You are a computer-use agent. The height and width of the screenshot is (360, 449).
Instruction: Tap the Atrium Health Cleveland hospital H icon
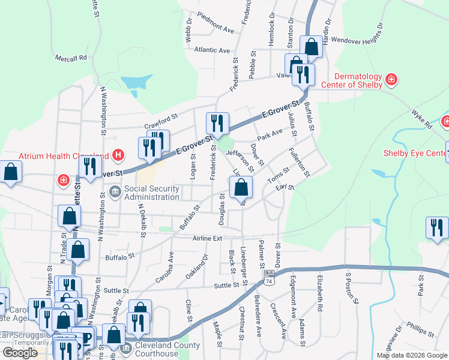pyautogui.click(x=118, y=155)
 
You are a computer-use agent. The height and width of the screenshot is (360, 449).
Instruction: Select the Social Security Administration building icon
pyautogui.click(x=115, y=193)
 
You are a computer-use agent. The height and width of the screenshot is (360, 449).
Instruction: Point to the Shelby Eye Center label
pyautogui.click(x=415, y=152)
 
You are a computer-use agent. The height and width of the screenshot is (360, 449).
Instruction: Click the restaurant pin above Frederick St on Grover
pyautogui.click(x=217, y=123)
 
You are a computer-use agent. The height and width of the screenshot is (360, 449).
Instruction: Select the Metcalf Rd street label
pyautogui.click(x=71, y=58)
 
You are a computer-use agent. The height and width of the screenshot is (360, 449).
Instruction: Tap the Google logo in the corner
pyautogui.click(x=20, y=353)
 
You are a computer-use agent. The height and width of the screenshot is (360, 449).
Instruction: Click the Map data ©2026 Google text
pyautogui.click(x=412, y=355)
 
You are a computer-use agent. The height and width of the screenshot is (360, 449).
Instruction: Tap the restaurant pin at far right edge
pyautogui.click(x=436, y=228)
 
